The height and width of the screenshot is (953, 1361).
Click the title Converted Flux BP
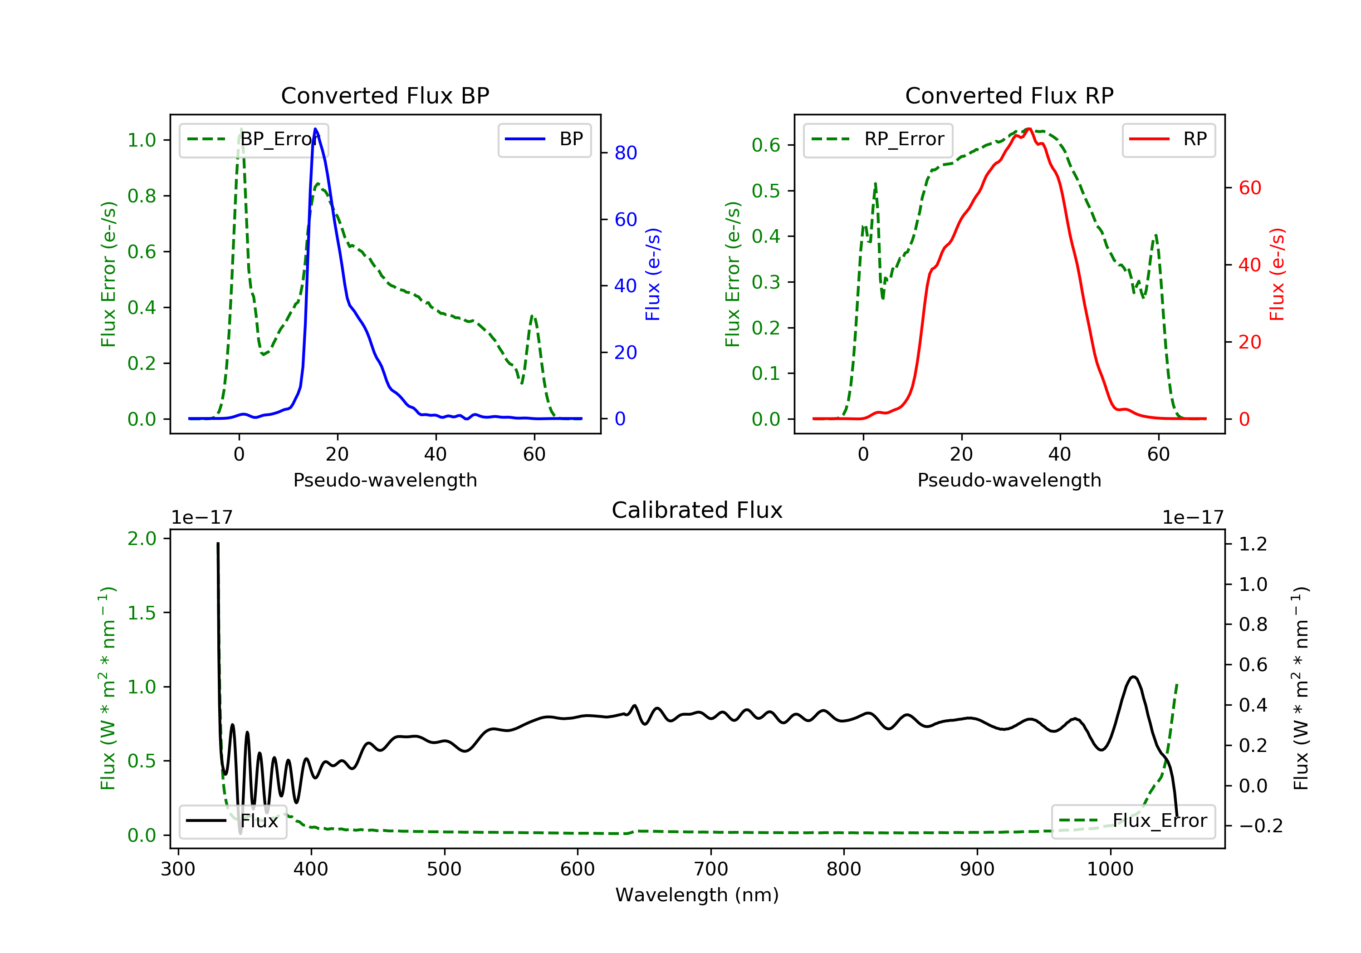[x=385, y=95]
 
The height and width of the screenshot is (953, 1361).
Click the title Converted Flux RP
[x=1009, y=95]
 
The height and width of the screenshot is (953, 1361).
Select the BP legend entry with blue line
[x=544, y=139]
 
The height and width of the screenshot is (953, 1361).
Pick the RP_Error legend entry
[x=878, y=139]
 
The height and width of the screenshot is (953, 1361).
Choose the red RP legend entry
[x=1168, y=139]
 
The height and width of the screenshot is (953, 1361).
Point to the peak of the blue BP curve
[x=315, y=129]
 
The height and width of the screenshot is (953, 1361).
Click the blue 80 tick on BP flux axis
[x=625, y=153]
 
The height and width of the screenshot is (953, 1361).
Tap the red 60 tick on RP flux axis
[x=1249, y=188]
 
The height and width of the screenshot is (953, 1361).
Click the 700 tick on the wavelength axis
[x=711, y=869]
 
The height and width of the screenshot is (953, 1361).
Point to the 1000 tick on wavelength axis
[x=1110, y=869]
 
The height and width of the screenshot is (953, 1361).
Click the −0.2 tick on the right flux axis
[x=1260, y=826]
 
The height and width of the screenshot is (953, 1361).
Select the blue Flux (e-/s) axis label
[x=653, y=274]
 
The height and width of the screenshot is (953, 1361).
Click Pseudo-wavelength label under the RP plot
[x=1009, y=480]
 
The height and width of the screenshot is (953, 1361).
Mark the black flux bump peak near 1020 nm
[x=1133, y=677]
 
